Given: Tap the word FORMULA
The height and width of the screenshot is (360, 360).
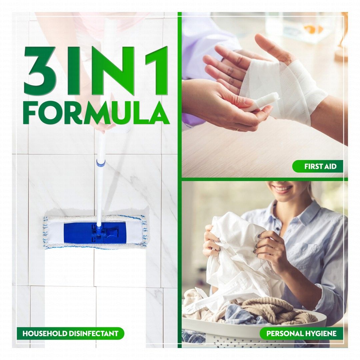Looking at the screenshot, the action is click(96, 113).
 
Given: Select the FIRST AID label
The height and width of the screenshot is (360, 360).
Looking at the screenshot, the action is click(318, 166).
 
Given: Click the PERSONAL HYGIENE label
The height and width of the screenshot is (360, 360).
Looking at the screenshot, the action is click(301, 333).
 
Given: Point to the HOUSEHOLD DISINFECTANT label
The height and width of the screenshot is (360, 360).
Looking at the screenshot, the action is click(70, 333).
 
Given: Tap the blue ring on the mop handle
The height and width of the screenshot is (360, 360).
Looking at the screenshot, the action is click(101, 163).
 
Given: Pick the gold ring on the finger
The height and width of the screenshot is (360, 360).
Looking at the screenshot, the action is click(237, 129).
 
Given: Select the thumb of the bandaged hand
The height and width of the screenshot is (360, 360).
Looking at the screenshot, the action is click(272, 47).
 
